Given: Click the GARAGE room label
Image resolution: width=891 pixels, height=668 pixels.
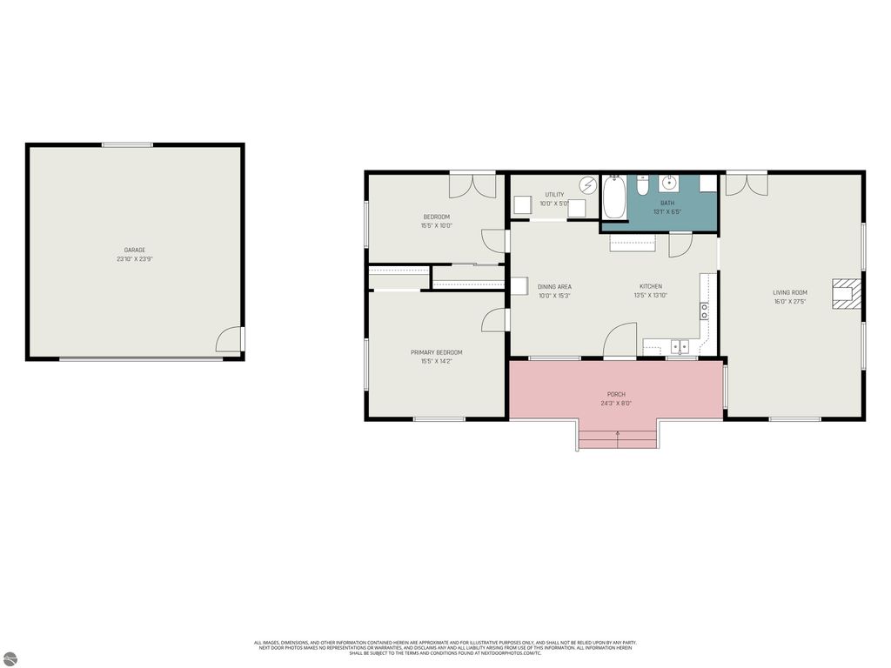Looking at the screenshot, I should click(134, 250).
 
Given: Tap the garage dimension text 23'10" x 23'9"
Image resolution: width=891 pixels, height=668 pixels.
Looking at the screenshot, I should click(134, 259).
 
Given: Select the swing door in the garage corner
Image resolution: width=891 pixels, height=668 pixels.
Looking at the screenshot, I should click(231, 339).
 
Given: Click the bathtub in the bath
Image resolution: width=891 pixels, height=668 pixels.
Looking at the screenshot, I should click(613, 197).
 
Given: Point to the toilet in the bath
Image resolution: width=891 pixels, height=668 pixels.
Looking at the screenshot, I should click(642, 185).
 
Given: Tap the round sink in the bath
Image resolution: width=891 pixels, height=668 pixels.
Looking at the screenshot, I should click(670, 183).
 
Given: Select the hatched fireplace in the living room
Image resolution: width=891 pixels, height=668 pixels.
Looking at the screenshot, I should click(845, 293).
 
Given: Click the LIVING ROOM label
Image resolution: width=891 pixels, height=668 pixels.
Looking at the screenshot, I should click(790, 292).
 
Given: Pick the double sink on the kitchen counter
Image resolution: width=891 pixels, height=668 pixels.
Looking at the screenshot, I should click(680, 346).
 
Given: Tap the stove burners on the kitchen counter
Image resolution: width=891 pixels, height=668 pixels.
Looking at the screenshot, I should click(704, 310).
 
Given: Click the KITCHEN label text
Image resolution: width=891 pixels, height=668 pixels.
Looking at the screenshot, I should click(651, 286).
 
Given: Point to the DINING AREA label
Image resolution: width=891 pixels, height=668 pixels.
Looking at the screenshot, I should click(554, 286).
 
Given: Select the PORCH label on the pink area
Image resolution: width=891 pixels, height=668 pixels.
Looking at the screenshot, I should click(616, 394).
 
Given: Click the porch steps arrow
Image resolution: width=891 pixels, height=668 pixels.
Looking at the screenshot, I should click(618, 432).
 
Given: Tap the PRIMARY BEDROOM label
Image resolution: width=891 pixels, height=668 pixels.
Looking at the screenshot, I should click(436, 352).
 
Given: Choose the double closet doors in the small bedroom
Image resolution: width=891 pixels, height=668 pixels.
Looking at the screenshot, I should click(472, 185).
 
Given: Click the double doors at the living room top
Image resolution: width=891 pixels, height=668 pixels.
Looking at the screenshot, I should click(747, 184).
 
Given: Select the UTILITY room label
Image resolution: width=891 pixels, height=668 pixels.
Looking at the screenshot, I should click(554, 195).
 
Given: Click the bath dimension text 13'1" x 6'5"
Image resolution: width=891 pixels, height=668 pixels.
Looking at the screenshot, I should click(667, 211).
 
